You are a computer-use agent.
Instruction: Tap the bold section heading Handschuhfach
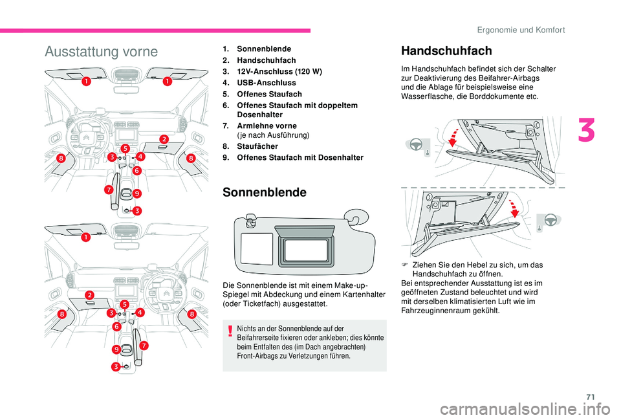click(446, 50)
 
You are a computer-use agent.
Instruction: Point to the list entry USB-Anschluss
click(267, 83)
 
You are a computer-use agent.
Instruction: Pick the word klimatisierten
click(469, 301)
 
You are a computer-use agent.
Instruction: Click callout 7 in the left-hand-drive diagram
click(109, 191)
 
